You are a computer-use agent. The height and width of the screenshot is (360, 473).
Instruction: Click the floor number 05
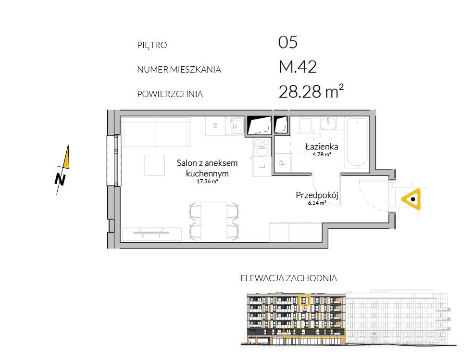click(288, 42)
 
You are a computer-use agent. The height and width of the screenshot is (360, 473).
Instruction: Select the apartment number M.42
click(298, 67)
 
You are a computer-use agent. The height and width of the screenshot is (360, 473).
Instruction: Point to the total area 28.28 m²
click(311, 91)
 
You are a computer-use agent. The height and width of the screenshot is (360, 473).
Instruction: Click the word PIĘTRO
click(152, 45)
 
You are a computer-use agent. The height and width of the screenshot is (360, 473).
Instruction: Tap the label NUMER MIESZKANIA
click(179, 70)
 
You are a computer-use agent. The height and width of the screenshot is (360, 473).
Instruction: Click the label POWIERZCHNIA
click(170, 94)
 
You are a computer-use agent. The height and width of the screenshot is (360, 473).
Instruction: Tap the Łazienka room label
click(322, 147)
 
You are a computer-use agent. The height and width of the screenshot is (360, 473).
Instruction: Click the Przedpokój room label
click(317, 195)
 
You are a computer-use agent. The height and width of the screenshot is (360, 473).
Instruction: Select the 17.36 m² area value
click(207, 182)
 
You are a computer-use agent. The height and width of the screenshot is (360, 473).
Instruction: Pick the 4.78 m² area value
click(322, 154)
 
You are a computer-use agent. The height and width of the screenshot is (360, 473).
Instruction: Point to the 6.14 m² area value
click(317, 203)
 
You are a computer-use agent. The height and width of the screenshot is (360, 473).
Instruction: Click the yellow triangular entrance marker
click(412, 199)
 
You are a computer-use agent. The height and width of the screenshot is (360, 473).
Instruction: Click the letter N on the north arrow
click(60, 180)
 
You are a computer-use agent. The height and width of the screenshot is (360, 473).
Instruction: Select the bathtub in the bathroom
click(358, 143)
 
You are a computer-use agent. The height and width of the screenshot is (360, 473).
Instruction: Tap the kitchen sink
click(237, 125)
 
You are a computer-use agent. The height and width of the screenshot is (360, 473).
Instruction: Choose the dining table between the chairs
click(214, 221)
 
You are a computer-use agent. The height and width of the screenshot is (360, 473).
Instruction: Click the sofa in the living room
click(156, 132)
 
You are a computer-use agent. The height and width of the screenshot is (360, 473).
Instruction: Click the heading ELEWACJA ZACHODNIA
click(289, 278)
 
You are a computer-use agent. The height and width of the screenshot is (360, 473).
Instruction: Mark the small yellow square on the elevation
click(304, 300)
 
